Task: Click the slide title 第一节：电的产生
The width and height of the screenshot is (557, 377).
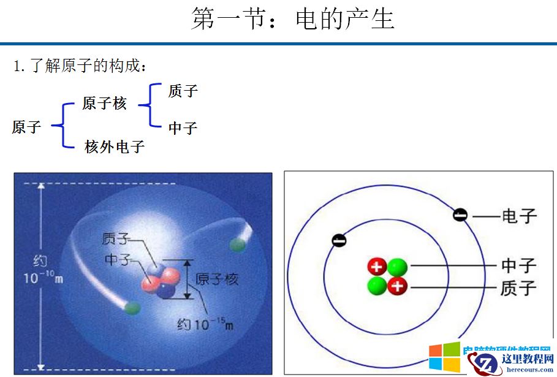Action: tap(292, 18)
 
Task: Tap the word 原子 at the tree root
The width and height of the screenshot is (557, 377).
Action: tap(26, 127)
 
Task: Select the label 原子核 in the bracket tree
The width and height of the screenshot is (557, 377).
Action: tap(104, 104)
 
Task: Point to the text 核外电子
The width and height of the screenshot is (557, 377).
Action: tap(115, 147)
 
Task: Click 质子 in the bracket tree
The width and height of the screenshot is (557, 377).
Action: tap(183, 91)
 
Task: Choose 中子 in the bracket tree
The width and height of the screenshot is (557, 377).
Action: tap(183, 128)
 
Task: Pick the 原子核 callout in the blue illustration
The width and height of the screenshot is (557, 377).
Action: tap(217, 280)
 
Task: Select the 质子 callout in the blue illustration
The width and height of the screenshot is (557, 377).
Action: tap(116, 238)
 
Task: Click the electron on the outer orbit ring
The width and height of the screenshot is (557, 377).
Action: tap(460, 215)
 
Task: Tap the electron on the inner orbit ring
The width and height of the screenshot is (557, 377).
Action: tap(339, 240)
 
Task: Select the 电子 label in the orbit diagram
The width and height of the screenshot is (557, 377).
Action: tap(519, 216)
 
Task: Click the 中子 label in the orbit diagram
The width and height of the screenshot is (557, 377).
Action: tap(518, 265)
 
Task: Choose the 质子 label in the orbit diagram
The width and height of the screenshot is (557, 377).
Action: tap(518, 287)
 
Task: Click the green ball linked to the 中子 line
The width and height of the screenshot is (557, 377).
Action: tap(397, 267)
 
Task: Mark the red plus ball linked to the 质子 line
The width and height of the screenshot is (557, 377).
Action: tap(397, 285)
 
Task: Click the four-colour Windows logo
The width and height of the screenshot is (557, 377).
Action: tap(444, 357)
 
